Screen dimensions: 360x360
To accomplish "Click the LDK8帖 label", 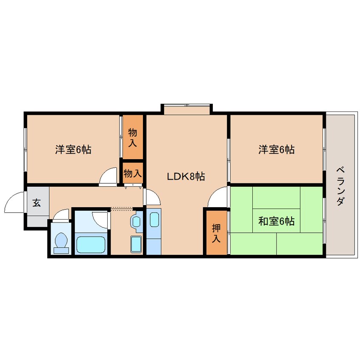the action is [186, 177].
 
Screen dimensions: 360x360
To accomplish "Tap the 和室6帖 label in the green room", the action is [276, 221].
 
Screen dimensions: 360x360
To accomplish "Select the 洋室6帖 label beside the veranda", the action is [277, 149].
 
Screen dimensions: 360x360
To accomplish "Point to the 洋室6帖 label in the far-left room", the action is [73, 149].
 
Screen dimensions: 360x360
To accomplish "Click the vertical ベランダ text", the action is [340, 186].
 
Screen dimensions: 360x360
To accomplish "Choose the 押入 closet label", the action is [216, 233].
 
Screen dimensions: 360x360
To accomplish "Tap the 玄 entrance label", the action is [37, 203].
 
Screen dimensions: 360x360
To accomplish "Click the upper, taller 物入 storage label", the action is [132, 137].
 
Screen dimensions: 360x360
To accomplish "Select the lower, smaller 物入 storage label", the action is [132, 173].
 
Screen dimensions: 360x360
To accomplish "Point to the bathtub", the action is [91, 245].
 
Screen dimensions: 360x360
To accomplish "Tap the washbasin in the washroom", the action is [136, 222].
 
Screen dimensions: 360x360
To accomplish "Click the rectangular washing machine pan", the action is [136, 244].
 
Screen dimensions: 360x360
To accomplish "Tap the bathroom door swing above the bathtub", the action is [100, 220].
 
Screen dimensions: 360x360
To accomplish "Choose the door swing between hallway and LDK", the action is [152, 196].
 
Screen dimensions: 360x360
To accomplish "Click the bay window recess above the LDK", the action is [187, 110].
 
